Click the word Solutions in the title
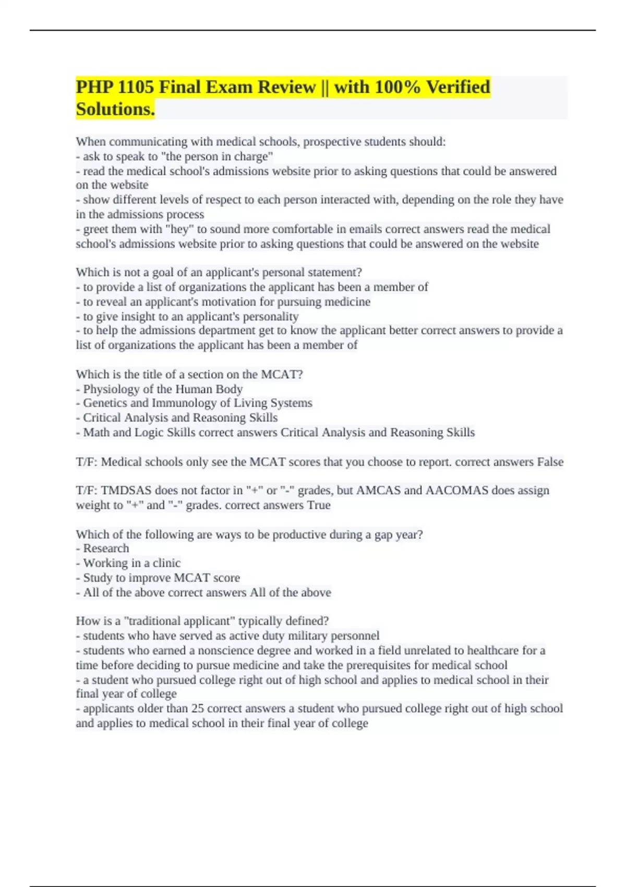[x=115, y=109]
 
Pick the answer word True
[x=319, y=505]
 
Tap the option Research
[x=106, y=548]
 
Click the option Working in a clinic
[x=131, y=563]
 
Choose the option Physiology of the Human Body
[x=163, y=389]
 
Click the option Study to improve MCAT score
[x=161, y=578]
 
